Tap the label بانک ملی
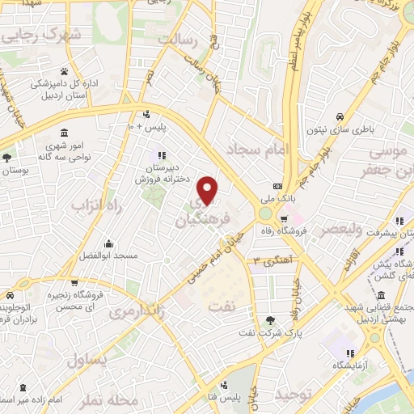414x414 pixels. [x=290, y=196]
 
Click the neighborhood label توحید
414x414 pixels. [x=293, y=394]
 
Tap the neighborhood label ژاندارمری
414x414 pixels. [x=132, y=311]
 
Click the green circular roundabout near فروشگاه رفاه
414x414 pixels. [x=266, y=214]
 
